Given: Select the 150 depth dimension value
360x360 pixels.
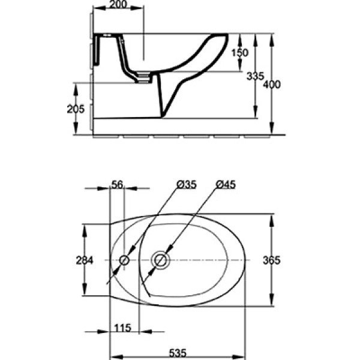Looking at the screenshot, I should (x=240, y=52).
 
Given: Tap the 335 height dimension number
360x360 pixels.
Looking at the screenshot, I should (x=254, y=76).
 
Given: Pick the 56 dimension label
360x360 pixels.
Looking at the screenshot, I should (x=117, y=185).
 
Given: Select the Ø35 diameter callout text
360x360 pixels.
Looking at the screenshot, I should (x=186, y=185).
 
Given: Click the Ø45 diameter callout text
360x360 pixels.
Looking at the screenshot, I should (x=226, y=185).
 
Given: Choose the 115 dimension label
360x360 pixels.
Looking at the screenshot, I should (x=123, y=329).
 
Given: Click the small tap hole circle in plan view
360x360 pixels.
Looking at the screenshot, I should (x=124, y=260).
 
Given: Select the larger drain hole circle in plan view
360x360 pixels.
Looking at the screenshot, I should (x=160, y=260).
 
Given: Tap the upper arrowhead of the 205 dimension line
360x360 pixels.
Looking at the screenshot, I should (x=76, y=86).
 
